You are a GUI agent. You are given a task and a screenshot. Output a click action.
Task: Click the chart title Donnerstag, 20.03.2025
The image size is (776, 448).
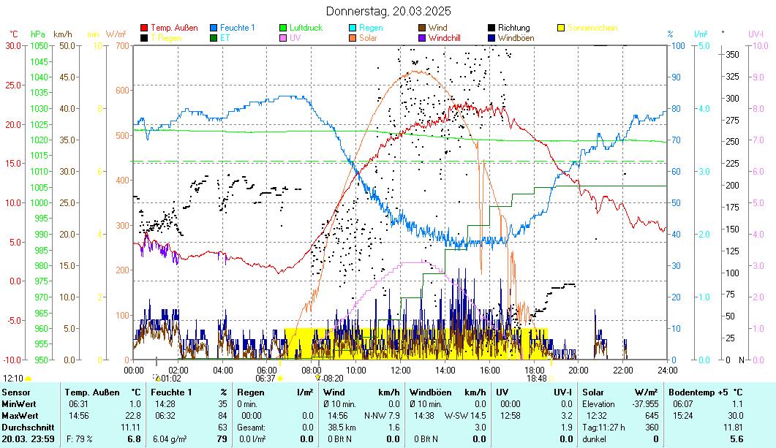pyautogui.click(x=388, y=11)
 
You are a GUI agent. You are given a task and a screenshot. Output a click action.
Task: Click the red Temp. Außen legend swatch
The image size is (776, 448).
pyautogui.click(x=144, y=28)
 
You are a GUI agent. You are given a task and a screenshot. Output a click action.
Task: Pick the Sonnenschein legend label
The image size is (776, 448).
pyautogui.click(x=592, y=28)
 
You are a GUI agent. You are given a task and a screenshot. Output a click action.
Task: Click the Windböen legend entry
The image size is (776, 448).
pyautogui.click(x=515, y=38)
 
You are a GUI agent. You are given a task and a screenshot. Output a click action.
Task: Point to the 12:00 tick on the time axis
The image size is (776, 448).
pyautogui.click(x=401, y=370)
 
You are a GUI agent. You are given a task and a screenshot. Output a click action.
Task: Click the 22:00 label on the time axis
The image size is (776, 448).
pyautogui.click(x=623, y=370)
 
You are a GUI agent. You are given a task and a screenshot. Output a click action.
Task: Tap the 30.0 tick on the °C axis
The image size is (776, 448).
pyautogui.click(x=13, y=45)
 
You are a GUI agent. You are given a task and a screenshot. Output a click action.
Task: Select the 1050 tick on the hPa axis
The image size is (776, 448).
pyautogui.click(x=39, y=45)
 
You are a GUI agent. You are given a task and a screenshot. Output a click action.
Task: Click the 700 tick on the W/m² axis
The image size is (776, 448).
pyautogui.click(x=121, y=45)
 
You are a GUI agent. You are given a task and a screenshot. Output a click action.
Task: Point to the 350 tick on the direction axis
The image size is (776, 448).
pyautogui.click(x=731, y=54)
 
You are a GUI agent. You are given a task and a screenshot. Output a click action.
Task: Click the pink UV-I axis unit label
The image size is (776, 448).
pyautogui.click(x=756, y=34)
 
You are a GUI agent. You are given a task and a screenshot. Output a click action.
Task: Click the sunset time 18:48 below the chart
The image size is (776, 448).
pyautogui.click(x=536, y=379)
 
